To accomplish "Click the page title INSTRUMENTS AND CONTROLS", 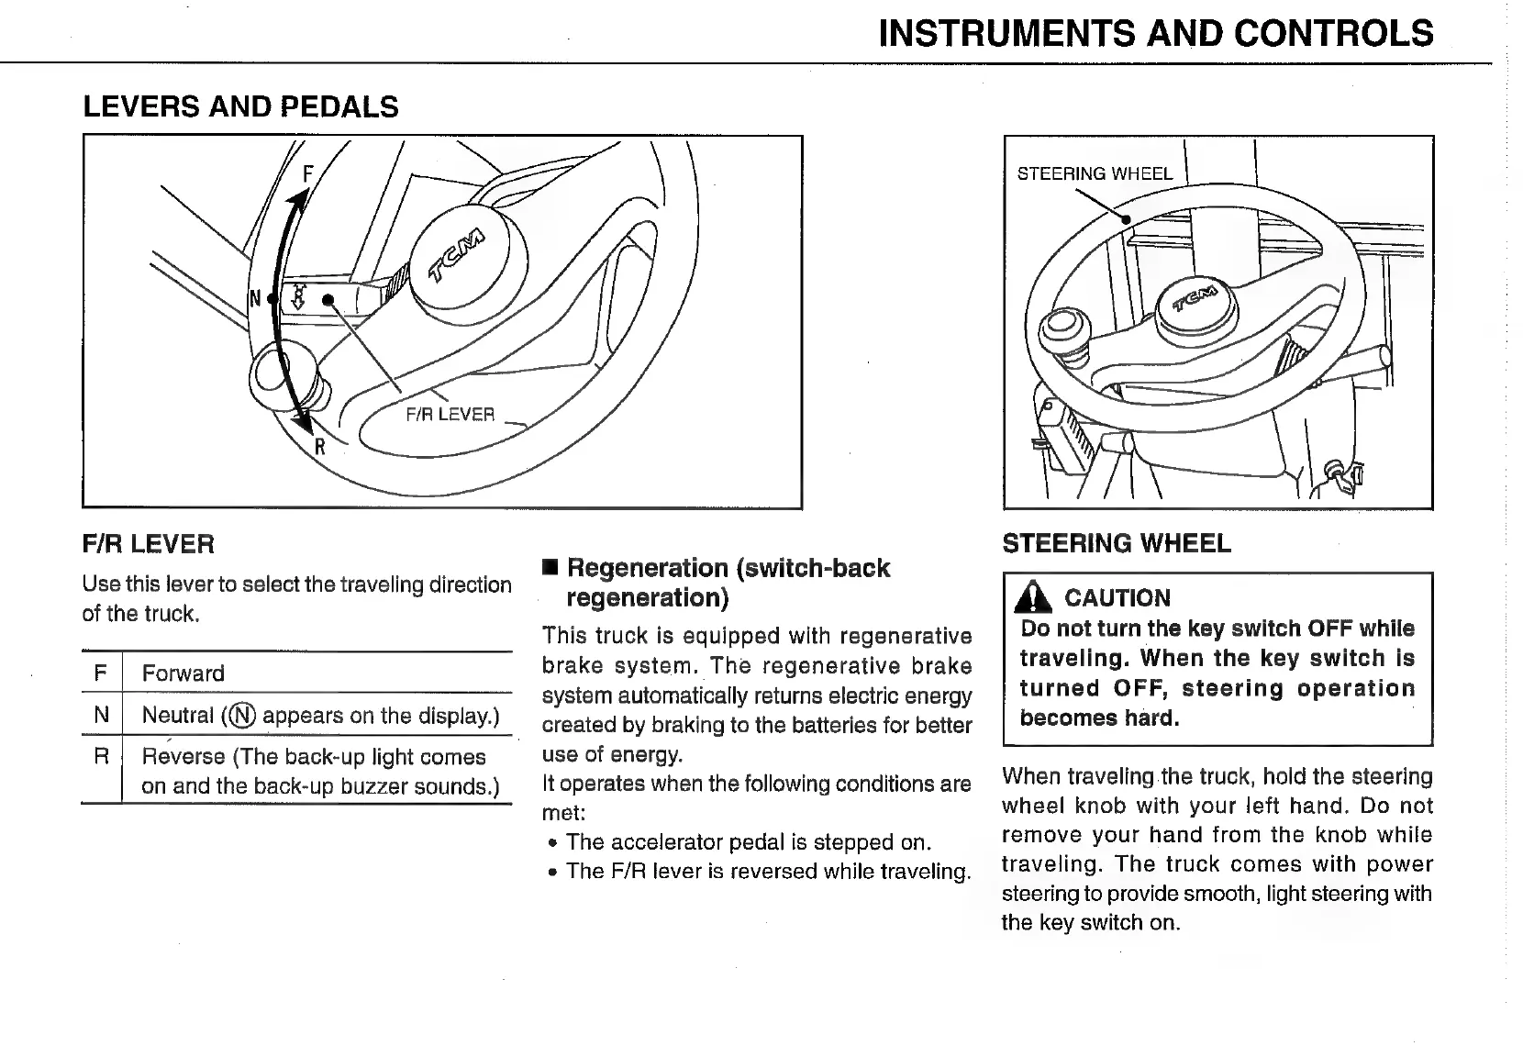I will pyautogui.click(x=1155, y=34).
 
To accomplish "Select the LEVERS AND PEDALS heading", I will pyautogui.click(x=240, y=107).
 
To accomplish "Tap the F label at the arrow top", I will pyautogui.click(x=308, y=173).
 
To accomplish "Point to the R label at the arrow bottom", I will pyautogui.click(x=319, y=447).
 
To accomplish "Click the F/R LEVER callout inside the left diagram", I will pyautogui.click(x=450, y=415).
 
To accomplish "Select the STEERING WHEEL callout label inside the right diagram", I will pyautogui.click(x=1094, y=173).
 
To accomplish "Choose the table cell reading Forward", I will pyautogui.click(x=183, y=673).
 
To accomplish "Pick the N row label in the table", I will pyautogui.click(x=101, y=715).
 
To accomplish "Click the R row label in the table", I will pyautogui.click(x=101, y=756).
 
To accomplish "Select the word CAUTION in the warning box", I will pyautogui.click(x=1117, y=598).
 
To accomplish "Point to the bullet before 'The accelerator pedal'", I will pyautogui.click(x=552, y=843).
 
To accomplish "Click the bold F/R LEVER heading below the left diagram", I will pyautogui.click(x=148, y=544).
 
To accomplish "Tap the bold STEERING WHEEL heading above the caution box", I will pyautogui.click(x=1116, y=543).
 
